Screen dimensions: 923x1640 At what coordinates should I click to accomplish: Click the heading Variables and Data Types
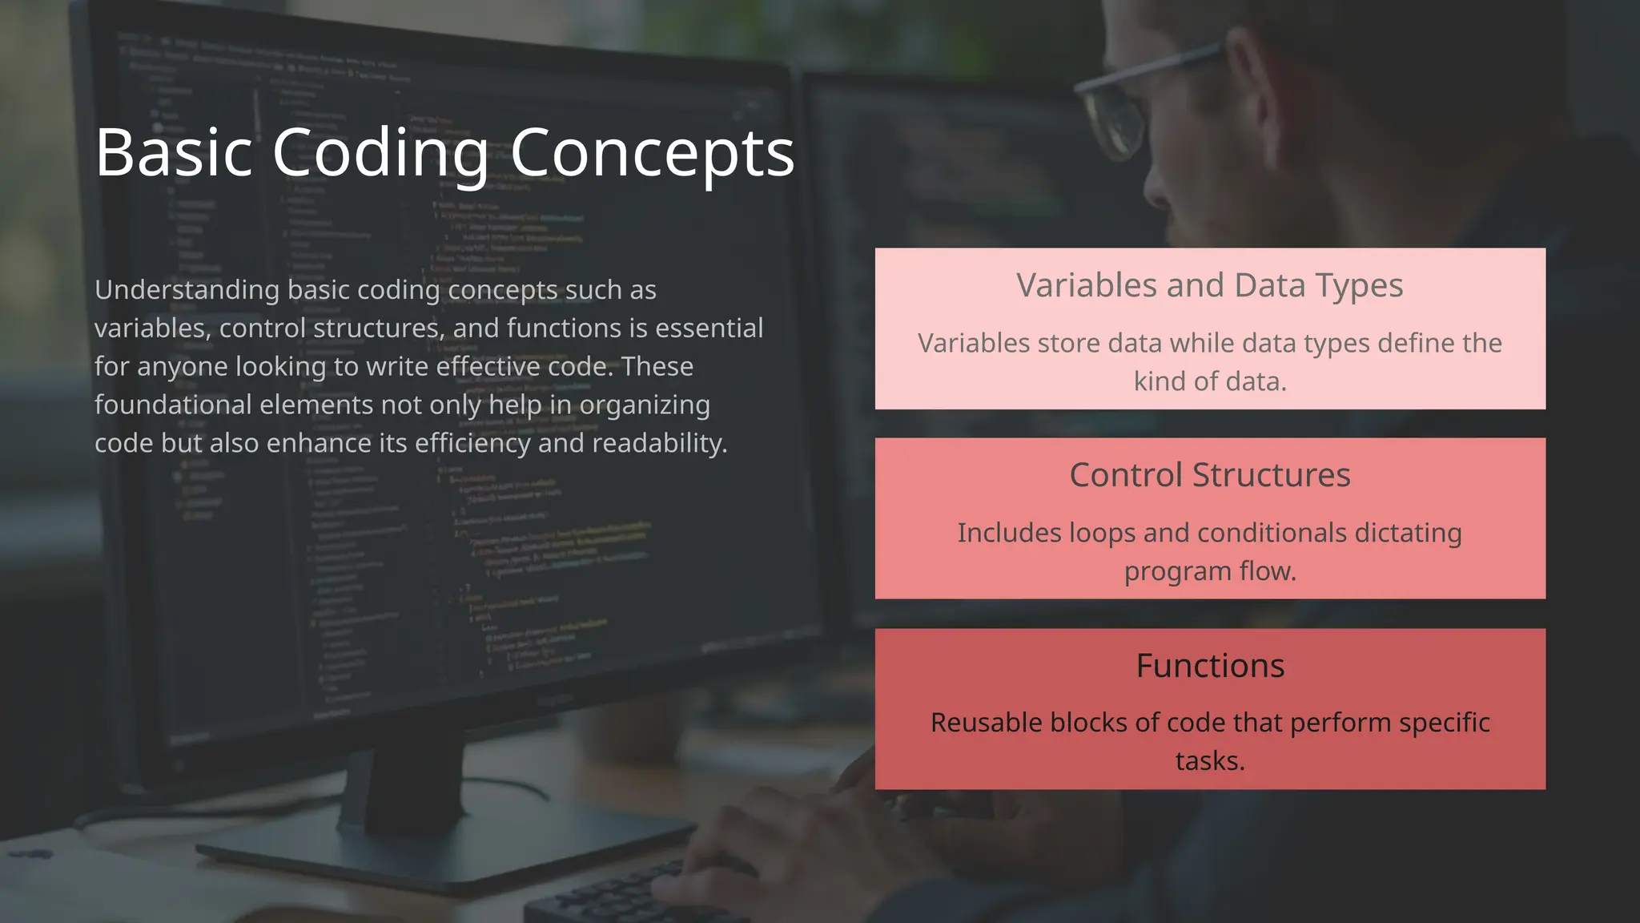coord(1209,285)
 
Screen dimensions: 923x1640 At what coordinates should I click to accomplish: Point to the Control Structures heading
coord(1209,475)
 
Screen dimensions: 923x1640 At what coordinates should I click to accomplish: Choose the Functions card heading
coord(1209,666)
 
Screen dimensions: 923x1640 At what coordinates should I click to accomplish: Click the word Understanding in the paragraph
coord(187,290)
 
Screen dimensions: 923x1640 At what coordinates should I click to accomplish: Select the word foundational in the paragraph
coord(173,405)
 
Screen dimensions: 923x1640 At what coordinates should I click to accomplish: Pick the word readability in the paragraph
coord(657,443)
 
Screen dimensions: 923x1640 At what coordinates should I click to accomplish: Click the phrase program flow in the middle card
coord(1209,571)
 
